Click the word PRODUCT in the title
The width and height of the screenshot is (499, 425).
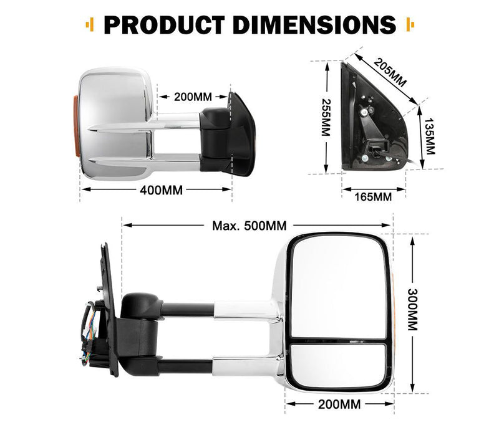163,24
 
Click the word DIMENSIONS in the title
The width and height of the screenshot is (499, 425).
312,24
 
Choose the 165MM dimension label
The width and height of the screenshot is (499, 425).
373,197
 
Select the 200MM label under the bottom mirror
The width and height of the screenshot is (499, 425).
341,404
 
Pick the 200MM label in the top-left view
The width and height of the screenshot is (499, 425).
193,97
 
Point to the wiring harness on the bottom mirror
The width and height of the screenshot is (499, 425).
89,330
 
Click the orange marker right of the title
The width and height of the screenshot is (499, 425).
409,25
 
